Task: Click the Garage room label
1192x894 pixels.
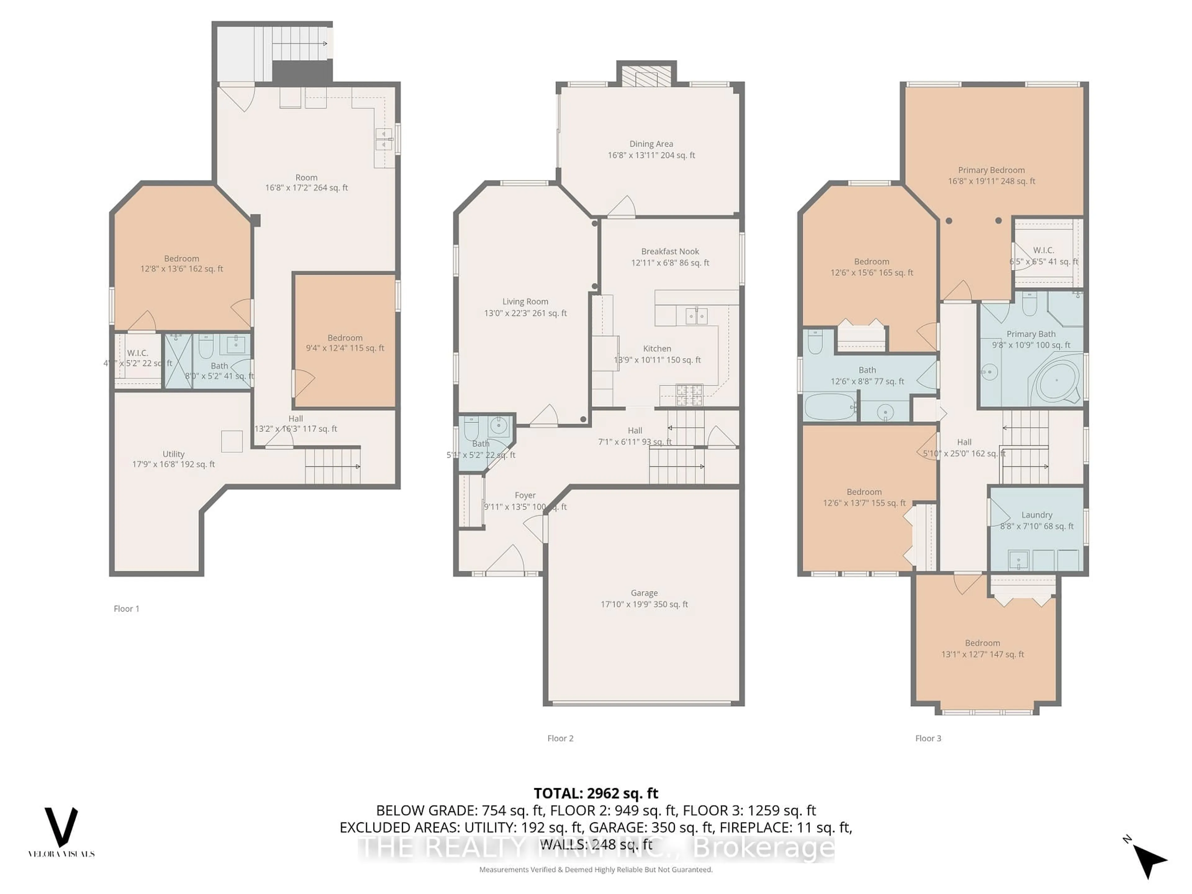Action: click(644, 593)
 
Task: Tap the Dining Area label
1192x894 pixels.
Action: click(651, 144)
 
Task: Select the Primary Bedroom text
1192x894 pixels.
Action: click(991, 170)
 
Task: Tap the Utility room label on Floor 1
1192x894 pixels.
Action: click(174, 454)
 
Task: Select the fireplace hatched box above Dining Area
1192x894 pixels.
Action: click(646, 76)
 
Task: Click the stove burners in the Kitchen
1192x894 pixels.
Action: click(689, 395)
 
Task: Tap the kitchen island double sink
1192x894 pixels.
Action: click(696, 316)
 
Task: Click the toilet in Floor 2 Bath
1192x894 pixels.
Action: click(471, 428)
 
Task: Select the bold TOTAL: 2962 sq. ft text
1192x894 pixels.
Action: click(595, 793)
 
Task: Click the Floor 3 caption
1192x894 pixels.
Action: click(928, 738)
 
